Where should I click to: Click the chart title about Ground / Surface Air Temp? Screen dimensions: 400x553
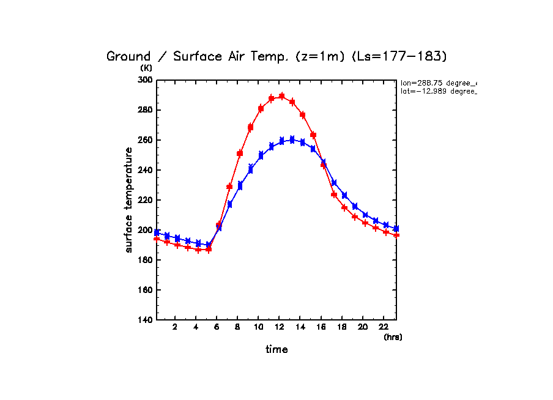(x=277, y=56)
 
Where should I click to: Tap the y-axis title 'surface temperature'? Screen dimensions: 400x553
(x=129, y=199)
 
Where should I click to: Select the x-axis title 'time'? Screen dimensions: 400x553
(x=276, y=349)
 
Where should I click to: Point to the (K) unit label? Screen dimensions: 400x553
(x=146, y=68)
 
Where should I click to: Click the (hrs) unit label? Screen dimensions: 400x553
(x=393, y=337)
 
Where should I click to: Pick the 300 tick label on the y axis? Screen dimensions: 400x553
(x=145, y=80)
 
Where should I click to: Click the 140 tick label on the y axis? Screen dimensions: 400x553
(x=145, y=320)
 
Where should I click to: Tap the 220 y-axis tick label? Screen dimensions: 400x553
(x=145, y=200)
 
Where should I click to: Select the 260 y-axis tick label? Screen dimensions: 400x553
(x=145, y=140)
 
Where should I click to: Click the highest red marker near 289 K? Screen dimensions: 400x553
(x=282, y=96)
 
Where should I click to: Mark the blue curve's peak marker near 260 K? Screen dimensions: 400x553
(x=292, y=139)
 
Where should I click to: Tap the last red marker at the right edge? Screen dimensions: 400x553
(x=396, y=235)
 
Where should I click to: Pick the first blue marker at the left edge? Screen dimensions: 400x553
(x=157, y=232)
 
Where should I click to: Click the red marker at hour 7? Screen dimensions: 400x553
(x=230, y=187)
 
